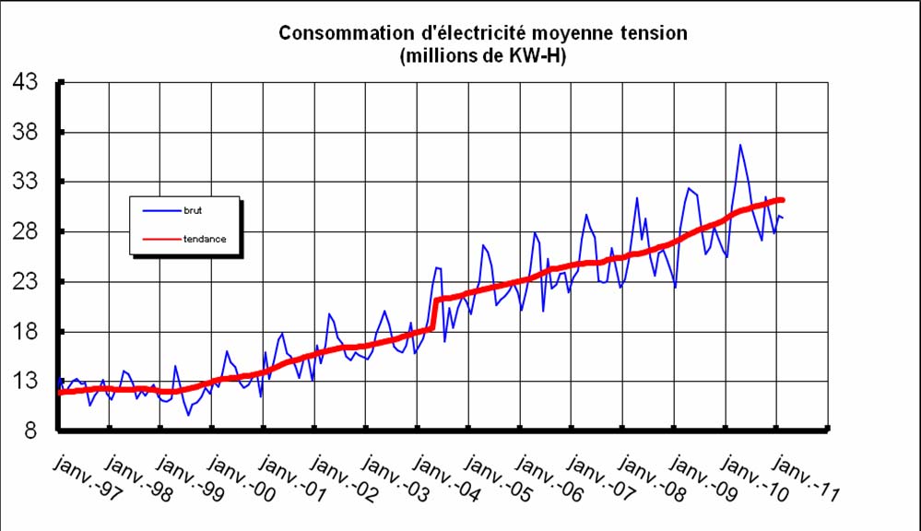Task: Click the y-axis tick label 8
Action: coord(30,431)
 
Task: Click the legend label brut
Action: coord(193,211)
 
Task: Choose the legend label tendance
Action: coord(205,238)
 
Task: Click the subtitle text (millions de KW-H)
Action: coord(482,56)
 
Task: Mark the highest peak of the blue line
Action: coord(739,145)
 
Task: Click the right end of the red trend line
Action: coord(783,199)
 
